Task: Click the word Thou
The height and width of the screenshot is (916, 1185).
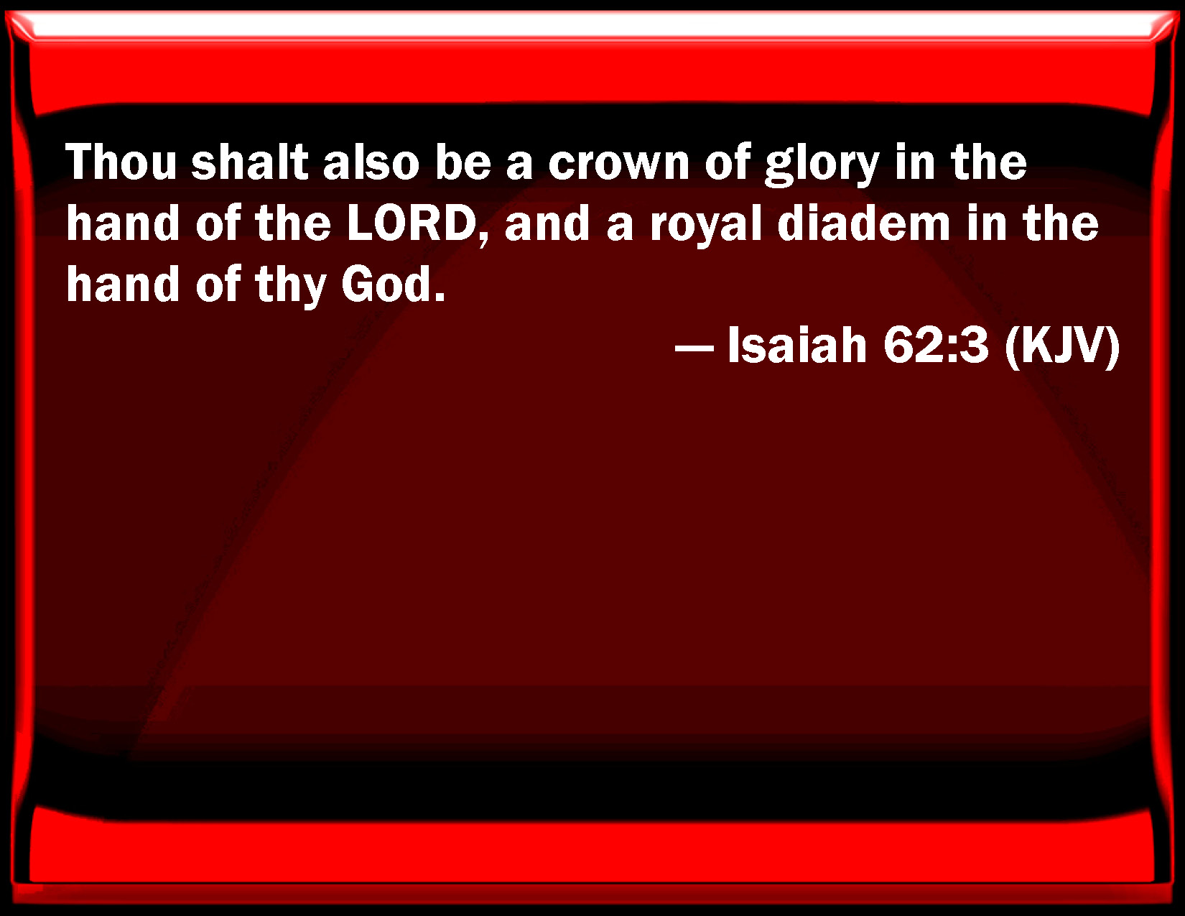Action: [x=121, y=162]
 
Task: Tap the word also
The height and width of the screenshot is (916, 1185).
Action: [x=371, y=162]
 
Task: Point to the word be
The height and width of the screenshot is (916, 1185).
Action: [x=463, y=162]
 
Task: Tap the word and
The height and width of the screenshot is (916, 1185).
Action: [x=547, y=223]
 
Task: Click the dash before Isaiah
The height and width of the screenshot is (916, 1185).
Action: [x=694, y=347]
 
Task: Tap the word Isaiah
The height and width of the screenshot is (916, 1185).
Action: [x=797, y=345]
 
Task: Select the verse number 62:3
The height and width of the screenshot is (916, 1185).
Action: [x=936, y=345]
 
